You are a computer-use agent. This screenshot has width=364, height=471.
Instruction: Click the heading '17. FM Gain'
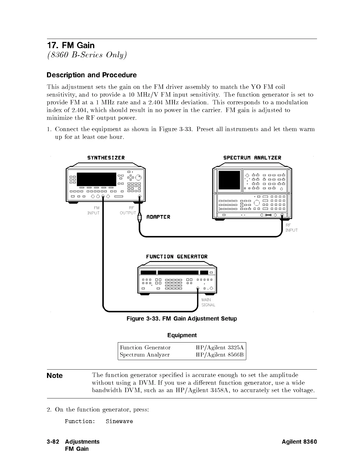pos(71,45)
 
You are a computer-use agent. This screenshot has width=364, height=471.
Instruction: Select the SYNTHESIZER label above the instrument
pos(106,158)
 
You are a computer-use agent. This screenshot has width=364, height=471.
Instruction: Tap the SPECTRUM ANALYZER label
pos(252,158)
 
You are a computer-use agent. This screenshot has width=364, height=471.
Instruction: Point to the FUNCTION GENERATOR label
pos(177,257)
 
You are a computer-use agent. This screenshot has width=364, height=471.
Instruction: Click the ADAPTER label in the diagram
pos(158,217)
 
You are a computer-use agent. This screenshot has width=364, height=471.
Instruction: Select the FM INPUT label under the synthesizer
pos(94,211)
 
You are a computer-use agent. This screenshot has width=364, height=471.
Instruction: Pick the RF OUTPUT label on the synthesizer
pos(128,211)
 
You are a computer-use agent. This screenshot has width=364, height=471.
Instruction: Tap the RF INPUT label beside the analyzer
pos(291,228)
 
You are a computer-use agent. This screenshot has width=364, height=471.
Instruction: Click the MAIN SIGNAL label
pos(208,302)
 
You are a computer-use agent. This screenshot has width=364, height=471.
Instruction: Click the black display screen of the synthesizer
pos(96,179)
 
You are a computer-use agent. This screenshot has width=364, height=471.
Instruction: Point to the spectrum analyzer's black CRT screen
pos(229,180)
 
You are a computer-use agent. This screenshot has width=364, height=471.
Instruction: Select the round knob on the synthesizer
pos(138,178)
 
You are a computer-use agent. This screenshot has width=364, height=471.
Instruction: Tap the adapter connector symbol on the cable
pos(139,217)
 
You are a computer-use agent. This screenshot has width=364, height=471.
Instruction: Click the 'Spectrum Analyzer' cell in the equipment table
pos(145,355)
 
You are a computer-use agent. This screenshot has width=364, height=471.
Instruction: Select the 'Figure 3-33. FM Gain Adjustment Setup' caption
pos(182,319)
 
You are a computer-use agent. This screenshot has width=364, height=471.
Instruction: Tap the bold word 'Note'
pos(55,376)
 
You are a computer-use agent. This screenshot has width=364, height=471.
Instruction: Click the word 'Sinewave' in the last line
pos(119,421)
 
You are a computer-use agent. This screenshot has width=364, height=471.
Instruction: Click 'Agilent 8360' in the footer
pos(299,442)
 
